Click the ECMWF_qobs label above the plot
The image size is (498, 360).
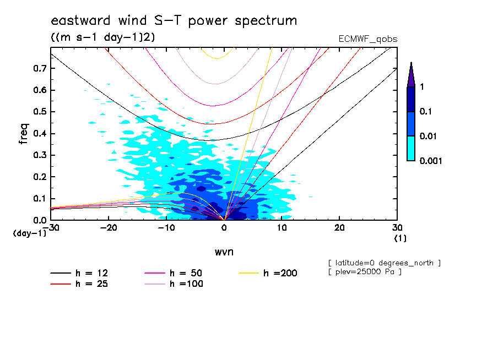point(368,39)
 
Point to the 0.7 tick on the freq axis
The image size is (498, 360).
point(40,68)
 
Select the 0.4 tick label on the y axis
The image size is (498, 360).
point(40,133)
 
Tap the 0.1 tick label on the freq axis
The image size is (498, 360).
point(40,198)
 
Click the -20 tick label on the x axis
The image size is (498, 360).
point(109,228)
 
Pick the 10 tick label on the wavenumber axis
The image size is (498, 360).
point(282,228)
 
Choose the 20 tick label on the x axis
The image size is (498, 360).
point(339,228)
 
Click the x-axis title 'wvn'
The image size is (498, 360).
point(224,252)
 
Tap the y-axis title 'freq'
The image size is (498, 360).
point(24,134)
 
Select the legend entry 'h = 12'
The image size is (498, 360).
point(79,273)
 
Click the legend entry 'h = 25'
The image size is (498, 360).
point(79,283)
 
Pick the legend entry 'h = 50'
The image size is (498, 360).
point(174,273)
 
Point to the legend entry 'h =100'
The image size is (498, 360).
point(174,283)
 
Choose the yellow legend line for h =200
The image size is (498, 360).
point(248,273)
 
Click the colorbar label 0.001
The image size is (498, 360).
point(431,161)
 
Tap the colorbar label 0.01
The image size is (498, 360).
point(428,136)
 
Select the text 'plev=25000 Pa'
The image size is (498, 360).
point(368,272)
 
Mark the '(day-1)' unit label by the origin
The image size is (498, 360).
point(30,233)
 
